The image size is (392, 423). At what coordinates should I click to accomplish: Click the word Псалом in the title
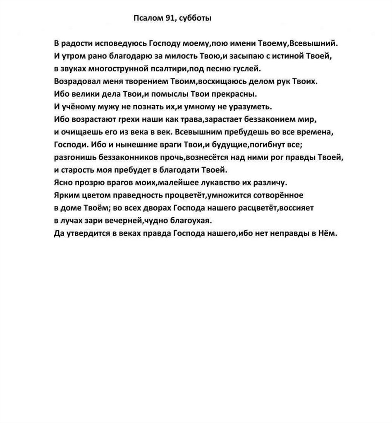pyautogui.click(x=147, y=18)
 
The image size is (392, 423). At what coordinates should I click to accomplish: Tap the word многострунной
pyautogui.click(x=120, y=68)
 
